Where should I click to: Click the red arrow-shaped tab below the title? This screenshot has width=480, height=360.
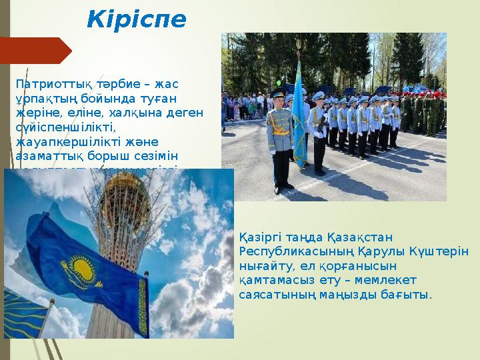36,51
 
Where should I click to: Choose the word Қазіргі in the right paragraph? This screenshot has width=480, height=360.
261,237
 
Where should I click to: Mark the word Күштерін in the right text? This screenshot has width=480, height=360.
446,250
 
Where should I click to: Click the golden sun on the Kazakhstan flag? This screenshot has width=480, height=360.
83,266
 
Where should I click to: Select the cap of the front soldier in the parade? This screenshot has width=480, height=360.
278,93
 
